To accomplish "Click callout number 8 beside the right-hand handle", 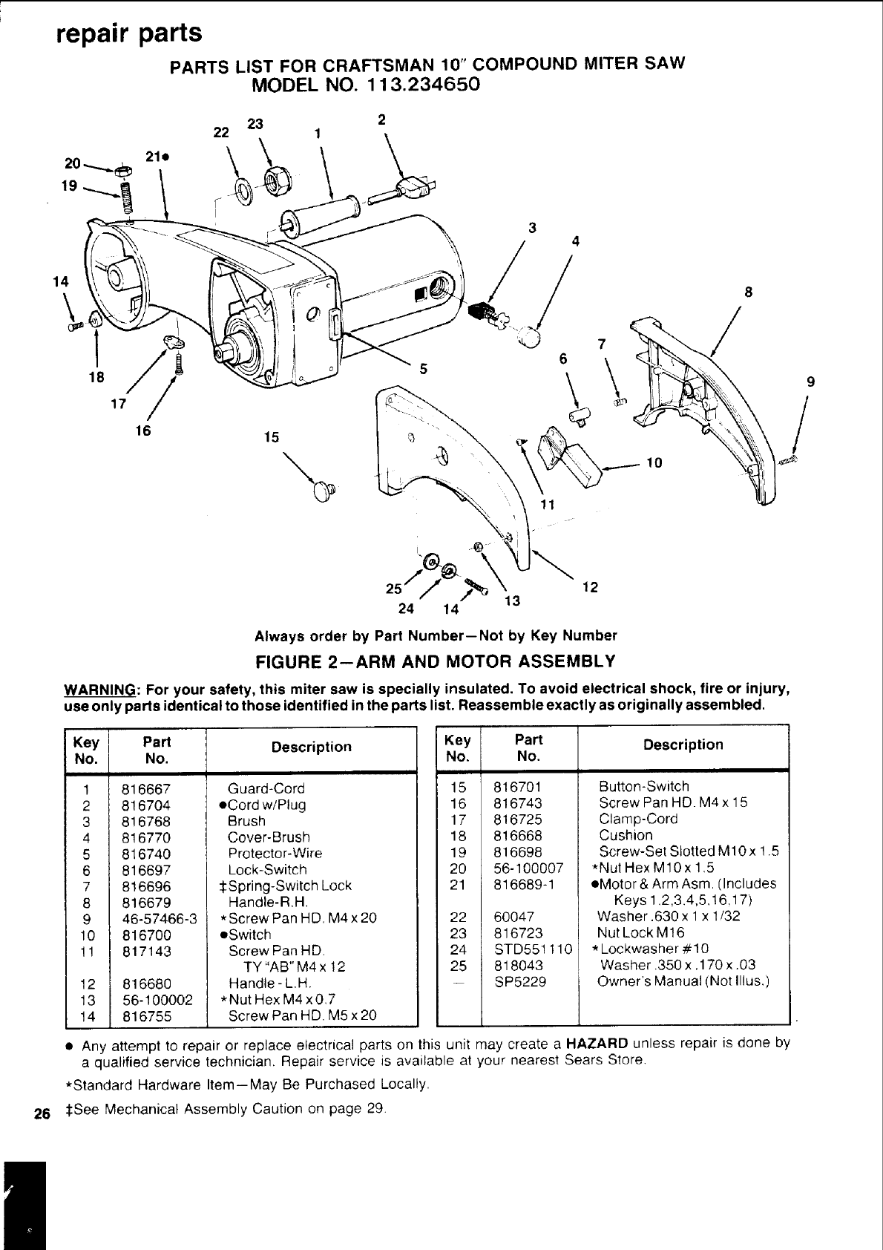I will pyautogui.click(x=749, y=292).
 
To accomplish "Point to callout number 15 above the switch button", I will pyautogui.click(x=272, y=437).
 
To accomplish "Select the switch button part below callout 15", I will pyautogui.click(x=324, y=491).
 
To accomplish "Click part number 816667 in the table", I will pyautogui.click(x=146, y=789).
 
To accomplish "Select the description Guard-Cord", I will pyautogui.click(x=266, y=789).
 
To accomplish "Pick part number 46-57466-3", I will pyautogui.click(x=158, y=918).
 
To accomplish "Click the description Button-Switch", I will pyautogui.click(x=644, y=787).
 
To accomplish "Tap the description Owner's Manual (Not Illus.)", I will pyautogui.click(x=683, y=982).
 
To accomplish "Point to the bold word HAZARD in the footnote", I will pyautogui.click(x=597, y=1043).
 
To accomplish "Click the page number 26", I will pyautogui.click(x=42, y=1113).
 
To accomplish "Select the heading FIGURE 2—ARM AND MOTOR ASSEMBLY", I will pyautogui.click(x=436, y=661).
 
